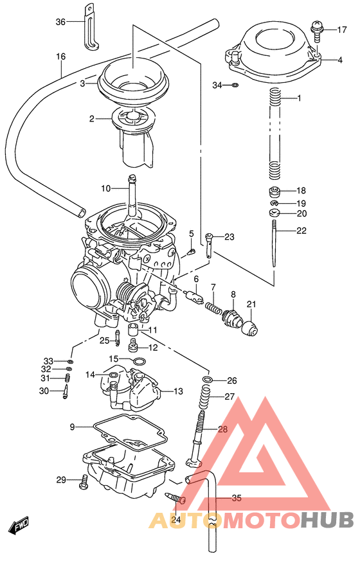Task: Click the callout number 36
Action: click(60, 22)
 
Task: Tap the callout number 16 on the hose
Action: click(61, 57)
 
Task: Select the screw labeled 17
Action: click(316, 29)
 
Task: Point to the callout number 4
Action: click(339, 60)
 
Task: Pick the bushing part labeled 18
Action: click(275, 191)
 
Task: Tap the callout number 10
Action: click(106, 188)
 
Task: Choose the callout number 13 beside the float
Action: click(178, 391)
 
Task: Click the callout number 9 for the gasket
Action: click(73, 427)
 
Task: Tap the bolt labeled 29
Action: click(84, 481)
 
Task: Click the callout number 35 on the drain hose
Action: click(236, 497)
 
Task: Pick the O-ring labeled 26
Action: click(207, 381)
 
